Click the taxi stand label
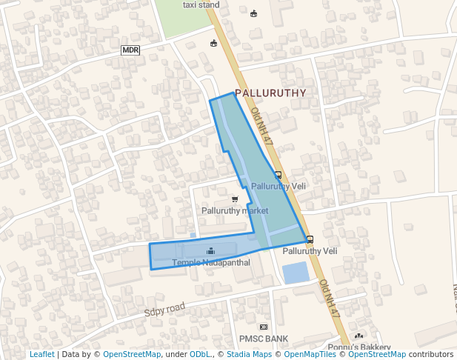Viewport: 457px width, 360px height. pos(201,4)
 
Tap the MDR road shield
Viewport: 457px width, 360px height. pos(130,50)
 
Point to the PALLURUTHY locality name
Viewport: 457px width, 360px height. pos(270,93)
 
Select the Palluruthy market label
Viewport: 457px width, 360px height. pos(235,210)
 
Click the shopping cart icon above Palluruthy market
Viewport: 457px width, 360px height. pos(235,199)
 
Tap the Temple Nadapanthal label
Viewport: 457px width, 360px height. pos(211,262)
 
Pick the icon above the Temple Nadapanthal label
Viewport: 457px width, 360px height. pos(210,251)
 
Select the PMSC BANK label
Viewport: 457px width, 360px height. pos(263,339)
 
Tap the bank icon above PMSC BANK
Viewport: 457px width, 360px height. pos(263,327)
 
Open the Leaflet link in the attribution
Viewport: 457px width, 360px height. pos(42,354)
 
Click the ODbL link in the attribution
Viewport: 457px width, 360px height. pos(199,354)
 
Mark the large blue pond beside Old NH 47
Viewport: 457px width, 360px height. pos(295,273)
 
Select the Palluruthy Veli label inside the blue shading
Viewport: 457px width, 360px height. pos(278,186)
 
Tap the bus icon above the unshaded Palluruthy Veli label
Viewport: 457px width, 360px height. pos(310,239)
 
